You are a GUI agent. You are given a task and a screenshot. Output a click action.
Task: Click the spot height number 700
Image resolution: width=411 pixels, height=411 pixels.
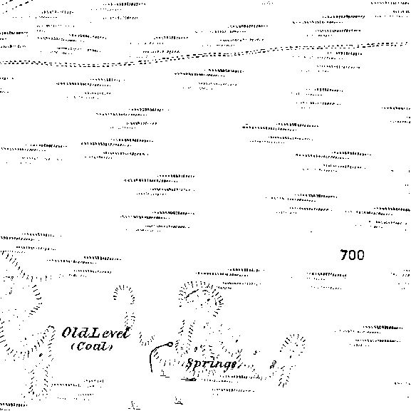[x=352, y=255]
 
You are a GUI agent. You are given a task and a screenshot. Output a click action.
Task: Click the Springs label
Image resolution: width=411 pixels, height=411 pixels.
[x=211, y=364]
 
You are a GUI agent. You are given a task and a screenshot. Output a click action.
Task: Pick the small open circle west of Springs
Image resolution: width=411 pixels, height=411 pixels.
[x=170, y=345]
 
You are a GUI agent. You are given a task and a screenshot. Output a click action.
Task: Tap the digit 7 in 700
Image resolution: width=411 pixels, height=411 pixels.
[x=344, y=255]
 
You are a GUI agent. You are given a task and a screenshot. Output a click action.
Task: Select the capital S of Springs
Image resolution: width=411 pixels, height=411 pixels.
[x=190, y=363]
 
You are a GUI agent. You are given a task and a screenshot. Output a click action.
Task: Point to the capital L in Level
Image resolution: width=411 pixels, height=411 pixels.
[x=93, y=333]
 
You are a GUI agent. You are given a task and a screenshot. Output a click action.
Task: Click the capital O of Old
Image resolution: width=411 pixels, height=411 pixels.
[x=66, y=333]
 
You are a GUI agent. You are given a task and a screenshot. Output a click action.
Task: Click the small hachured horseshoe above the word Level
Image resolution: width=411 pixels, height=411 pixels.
[x=124, y=291]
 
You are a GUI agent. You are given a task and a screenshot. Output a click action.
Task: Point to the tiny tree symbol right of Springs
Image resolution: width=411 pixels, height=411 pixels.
[x=273, y=364]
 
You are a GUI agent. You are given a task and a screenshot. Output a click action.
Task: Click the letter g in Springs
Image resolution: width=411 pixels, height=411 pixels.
[x=224, y=365]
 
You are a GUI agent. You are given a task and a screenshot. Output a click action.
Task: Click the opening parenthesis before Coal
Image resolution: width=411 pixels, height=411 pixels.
[x=73, y=346]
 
